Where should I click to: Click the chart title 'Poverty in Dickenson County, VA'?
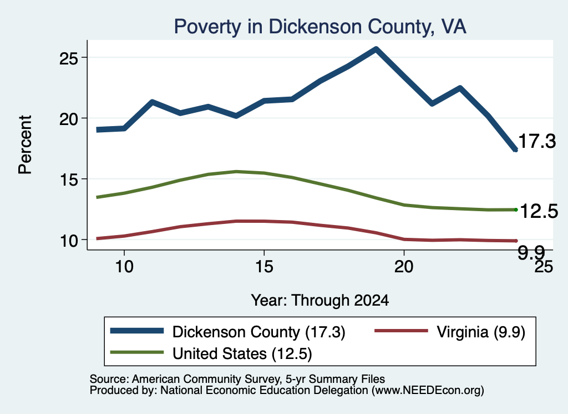[320, 27]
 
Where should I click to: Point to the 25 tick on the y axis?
[68, 58]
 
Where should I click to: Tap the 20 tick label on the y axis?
[68, 119]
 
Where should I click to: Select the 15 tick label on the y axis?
[68, 179]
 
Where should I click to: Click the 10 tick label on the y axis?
[68, 240]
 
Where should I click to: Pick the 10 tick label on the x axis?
[124, 267]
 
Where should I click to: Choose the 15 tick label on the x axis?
[264, 267]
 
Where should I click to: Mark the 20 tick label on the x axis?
[404, 267]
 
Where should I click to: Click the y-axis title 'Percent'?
[25, 145]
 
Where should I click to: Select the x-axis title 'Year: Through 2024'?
[320, 301]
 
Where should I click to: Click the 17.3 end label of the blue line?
[537, 141]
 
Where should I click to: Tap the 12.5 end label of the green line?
[539, 211]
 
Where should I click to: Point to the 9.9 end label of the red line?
[531, 252]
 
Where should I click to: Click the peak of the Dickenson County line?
[376, 48]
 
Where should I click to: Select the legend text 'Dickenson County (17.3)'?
[258, 332]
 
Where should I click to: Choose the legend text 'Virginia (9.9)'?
[481, 332]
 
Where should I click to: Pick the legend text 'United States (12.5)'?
[242, 353]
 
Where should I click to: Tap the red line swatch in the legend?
[401, 331]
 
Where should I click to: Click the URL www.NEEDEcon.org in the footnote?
[427, 391]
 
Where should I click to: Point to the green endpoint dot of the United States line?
[516, 210]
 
